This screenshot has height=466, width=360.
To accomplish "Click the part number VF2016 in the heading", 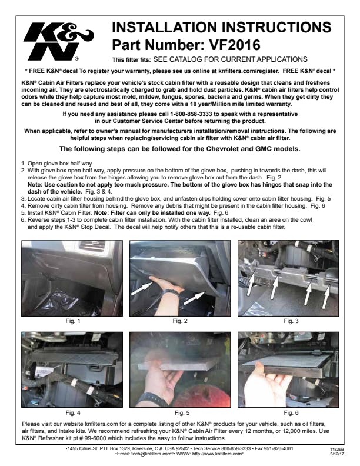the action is pyautogui.click(x=235, y=45).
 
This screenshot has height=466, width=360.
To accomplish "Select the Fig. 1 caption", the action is pyautogui.click(x=73, y=321).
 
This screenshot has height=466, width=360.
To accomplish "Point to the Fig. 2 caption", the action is pyautogui.click(x=180, y=321).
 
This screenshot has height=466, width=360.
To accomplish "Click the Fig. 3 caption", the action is pyautogui.click(x=291, y=321).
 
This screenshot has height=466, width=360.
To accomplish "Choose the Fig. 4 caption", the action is pyautogui.click(x=73, y=413).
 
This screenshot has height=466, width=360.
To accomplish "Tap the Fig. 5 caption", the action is pyautogui.click(x=182, y=413).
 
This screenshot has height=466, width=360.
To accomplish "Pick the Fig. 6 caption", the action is pyautogui.click(x=291, y=413).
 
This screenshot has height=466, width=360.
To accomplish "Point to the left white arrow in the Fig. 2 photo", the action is pyautogui.click(x=141, y=288).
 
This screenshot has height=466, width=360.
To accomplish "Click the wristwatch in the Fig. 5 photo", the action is pyautogui.click(x=153, y=398).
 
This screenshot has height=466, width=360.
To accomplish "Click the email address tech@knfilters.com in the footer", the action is pyautogui.click(x=152, y=454).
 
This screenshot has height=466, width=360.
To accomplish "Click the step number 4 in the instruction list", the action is pyautogui.click(x=23, y=206).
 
